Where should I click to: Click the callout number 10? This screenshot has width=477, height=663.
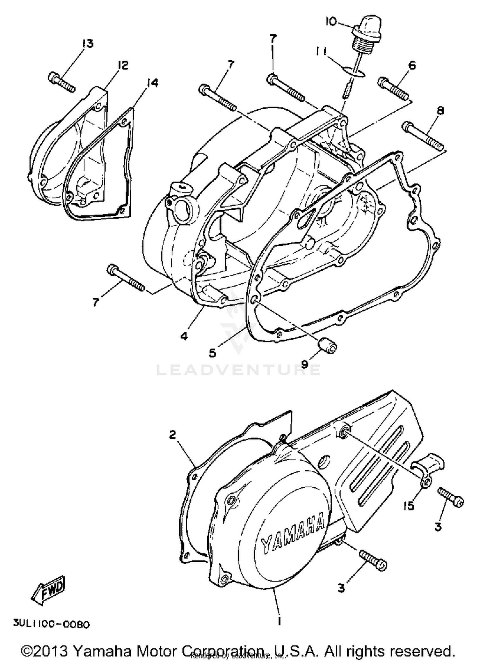331,22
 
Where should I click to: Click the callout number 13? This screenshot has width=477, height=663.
87,43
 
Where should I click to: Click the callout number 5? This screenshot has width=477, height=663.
212,352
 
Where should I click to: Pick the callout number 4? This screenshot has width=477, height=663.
184,336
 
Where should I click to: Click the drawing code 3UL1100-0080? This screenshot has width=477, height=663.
51,625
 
